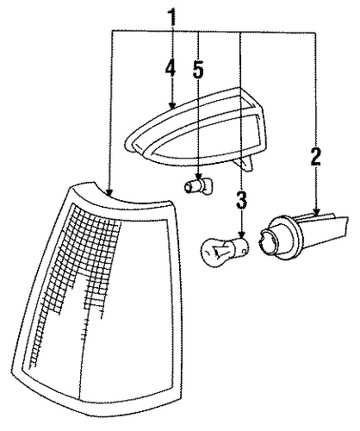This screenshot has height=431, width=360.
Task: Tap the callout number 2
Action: click(316, 156)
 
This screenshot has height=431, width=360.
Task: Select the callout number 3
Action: click(241, 200)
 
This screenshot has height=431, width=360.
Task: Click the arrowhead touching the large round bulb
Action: click(242, 234)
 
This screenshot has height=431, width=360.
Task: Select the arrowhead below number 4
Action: click(172, 105)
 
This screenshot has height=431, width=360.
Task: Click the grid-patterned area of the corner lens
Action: click(76, 276)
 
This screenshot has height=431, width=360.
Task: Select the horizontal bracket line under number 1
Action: click(214, 32)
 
